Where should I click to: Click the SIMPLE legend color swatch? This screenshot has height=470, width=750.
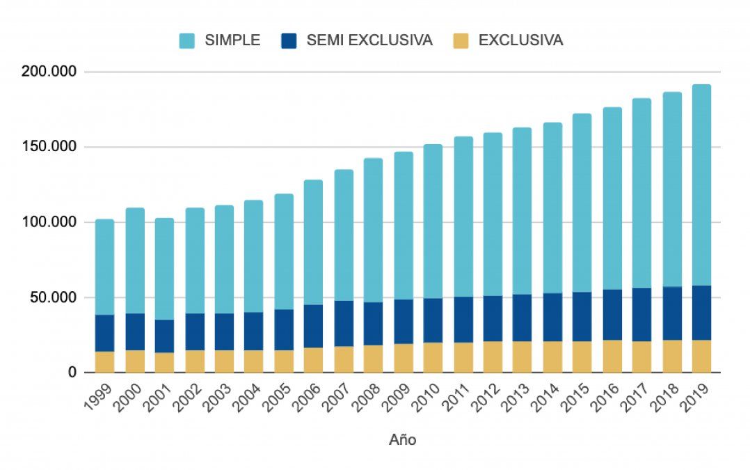187,40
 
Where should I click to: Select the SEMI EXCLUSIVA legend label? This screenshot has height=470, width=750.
369,40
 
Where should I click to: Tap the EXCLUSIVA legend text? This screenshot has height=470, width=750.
520,40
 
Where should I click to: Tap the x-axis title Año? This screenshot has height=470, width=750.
403,440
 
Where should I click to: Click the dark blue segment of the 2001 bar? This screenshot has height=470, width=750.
164,336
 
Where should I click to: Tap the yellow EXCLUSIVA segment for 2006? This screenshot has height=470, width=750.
313,360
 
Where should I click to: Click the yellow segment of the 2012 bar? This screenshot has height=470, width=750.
492,357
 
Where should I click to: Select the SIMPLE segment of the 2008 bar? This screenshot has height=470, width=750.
373,230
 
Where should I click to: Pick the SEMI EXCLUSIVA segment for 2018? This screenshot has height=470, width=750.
671,313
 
